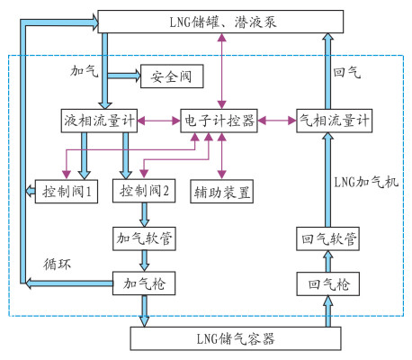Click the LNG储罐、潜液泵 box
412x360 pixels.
point(220,22)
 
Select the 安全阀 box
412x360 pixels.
point(172,76)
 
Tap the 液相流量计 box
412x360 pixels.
point(99,121)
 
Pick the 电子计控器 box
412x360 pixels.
point(219,121)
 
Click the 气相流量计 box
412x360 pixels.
point(335,121)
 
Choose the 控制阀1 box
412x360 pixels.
point(67,191)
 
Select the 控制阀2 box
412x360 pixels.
point(144,191)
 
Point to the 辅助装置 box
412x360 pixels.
point(221,192)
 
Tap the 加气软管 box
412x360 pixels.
point(144,238)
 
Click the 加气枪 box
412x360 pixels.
point(144,283)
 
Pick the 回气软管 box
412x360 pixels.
point(327,238)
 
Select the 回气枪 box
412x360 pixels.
point(328,283)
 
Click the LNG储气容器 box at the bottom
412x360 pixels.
point(236,338)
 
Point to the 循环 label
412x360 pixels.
point(57,265)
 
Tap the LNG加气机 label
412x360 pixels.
point(366,182)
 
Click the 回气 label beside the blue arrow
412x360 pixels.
point(346,73)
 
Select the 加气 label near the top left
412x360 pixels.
point(85,71)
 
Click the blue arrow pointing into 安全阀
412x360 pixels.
point(124,76)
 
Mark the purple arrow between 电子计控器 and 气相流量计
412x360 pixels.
point(277,121)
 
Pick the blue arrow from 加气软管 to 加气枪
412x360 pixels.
point(145,261)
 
